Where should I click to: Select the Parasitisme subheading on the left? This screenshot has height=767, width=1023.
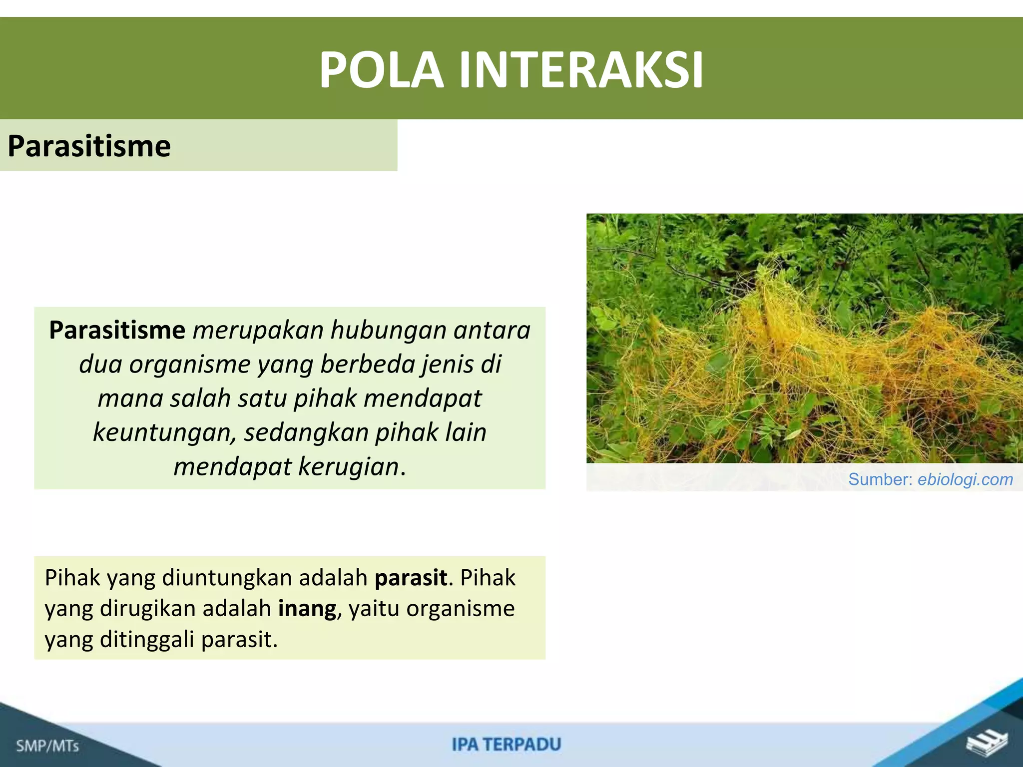click(89, 146)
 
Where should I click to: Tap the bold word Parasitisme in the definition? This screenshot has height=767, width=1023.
click(117, 330)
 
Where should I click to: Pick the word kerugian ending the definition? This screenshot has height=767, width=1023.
click(349, 467)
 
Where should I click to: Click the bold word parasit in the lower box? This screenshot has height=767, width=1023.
click(411, 578)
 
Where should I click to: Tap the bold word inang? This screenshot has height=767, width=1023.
click(307, 609)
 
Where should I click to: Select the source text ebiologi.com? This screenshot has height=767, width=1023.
click(965, 479)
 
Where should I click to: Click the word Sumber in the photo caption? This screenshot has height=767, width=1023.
click(881, 479)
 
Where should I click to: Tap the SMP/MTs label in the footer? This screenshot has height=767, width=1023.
click(47, 746)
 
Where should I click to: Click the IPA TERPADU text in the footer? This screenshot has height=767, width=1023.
click(507, 745)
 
